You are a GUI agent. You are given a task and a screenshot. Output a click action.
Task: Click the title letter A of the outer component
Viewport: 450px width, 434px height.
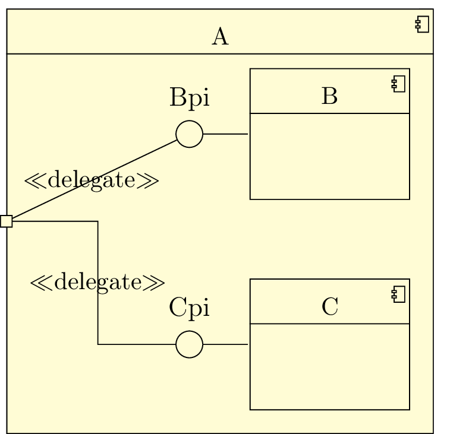pos(220,37)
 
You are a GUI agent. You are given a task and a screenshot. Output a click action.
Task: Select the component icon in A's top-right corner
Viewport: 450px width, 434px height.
pos(423,25)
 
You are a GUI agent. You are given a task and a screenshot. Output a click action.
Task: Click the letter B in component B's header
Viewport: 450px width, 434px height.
pos(329,96)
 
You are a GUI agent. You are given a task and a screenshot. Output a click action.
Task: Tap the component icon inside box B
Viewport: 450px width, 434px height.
pos(399,85)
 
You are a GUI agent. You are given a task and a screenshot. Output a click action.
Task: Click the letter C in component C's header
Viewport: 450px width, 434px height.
pos(329,307)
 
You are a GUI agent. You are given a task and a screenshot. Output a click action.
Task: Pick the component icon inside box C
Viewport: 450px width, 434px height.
pos(399,295)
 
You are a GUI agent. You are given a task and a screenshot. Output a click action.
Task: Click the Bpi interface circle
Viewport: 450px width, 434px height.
pos(189,134)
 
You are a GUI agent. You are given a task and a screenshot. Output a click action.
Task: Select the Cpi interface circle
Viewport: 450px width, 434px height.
pos(189,344)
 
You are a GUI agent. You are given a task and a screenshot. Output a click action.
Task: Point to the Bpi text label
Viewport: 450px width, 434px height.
pos(189,98)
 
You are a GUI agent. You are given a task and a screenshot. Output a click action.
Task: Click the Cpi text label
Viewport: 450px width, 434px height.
pos(189,308)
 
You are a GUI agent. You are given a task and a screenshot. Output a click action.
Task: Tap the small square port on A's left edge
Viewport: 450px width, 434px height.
pos(6,221)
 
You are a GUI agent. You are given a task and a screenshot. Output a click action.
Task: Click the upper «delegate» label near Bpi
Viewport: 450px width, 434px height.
pos(91,180)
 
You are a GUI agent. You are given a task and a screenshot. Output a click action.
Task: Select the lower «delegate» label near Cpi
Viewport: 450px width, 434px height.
pos(97,282)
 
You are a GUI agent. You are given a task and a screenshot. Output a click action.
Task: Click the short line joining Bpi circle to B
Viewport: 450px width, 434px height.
pos(225,134)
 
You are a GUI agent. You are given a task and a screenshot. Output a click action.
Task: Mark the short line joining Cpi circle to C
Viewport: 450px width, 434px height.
pos(225,344)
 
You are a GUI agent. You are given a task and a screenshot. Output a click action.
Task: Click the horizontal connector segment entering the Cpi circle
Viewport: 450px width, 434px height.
pos(137,344)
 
